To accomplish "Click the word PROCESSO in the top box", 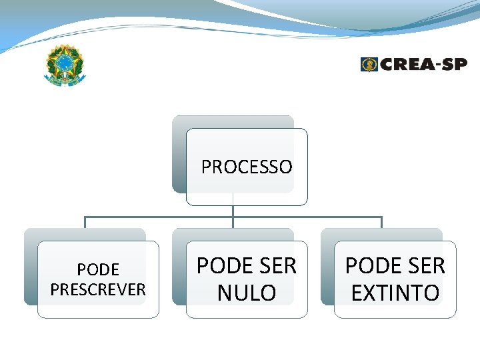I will click(x=247, y=167).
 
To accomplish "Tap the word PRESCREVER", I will click(x=98, y=289).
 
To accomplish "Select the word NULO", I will click(x=247, y=293).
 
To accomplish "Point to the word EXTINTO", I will click(x=395, y=293).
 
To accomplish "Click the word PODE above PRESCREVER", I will click(x=98, y=270).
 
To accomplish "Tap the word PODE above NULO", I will click(x=221, y=266).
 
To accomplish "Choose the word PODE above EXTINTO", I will click(x=369, y=266).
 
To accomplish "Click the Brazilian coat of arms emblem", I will click(x=65, y=65).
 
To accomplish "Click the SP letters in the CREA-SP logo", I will click(x=455, y=64).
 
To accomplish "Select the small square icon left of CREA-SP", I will click(x=369, y=64).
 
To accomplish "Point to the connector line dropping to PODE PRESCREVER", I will click(x=85, y=223).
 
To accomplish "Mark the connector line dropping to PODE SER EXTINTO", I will click(x=381, y=223).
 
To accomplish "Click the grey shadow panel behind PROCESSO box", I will click(x=178, y=153).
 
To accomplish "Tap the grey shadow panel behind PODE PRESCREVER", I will click(x=31, y=267).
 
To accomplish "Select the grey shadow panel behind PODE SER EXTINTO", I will click(x=327, y=267).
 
